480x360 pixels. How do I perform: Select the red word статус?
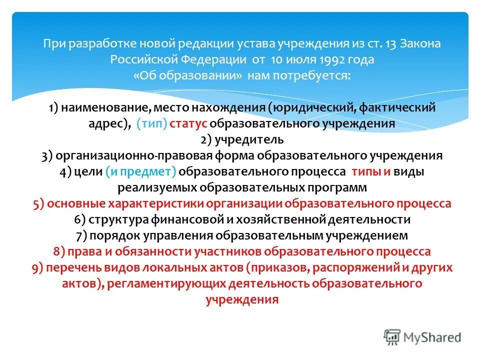189,123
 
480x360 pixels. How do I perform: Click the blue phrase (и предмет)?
140,171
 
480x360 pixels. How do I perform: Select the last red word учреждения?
242,299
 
